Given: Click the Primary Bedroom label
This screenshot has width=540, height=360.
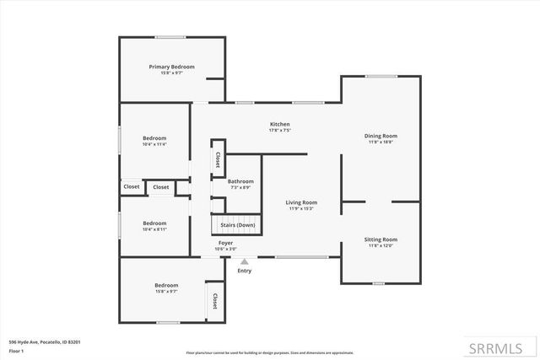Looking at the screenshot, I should point(172,67).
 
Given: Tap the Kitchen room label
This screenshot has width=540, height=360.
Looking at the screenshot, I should point(279,124).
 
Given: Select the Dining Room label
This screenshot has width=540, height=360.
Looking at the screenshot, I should point(381,136).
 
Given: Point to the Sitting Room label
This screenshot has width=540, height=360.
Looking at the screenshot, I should point(381,239).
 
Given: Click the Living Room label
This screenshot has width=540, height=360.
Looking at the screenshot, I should point(301,202).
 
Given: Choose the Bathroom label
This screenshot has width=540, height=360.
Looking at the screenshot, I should point(240,181).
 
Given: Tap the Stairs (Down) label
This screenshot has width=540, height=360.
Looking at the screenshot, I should point(237,225).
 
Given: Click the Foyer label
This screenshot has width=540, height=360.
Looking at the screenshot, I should point(226,243).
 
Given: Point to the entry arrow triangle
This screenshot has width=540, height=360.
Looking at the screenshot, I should point(245,262).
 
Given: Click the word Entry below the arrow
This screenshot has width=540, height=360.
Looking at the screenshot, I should point(245,271).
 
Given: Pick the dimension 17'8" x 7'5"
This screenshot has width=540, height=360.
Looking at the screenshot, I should point(279,131).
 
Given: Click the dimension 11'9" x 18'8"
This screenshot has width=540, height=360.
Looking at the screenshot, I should point(381,142).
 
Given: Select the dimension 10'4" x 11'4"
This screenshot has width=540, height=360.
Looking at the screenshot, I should point(154,144).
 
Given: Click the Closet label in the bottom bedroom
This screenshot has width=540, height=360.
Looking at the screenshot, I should point(214,301).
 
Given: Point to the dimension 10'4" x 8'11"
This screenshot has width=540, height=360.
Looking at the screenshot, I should point(154,229).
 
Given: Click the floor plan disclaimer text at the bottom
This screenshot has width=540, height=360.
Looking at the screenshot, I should point(271,352).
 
